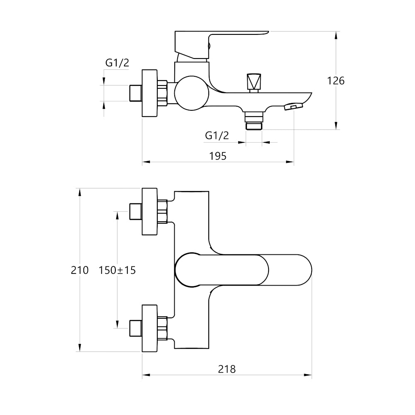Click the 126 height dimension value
(336, 81)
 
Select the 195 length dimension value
(218, 156)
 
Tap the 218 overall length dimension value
(227, 369)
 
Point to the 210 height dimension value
(80, 270)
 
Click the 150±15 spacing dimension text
(117, 270)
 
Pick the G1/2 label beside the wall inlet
(117, 63)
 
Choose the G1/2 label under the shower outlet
(217, 135)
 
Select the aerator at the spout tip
(293, 107)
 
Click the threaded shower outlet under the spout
(254, 122)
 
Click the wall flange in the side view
(150, 93)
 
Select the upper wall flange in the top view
(150, 212)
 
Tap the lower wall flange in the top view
(150, 329)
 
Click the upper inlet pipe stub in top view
(136, 212)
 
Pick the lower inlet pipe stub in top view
(136, 329)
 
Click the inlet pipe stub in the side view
(136, 93)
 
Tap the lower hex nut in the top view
(163, 329)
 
